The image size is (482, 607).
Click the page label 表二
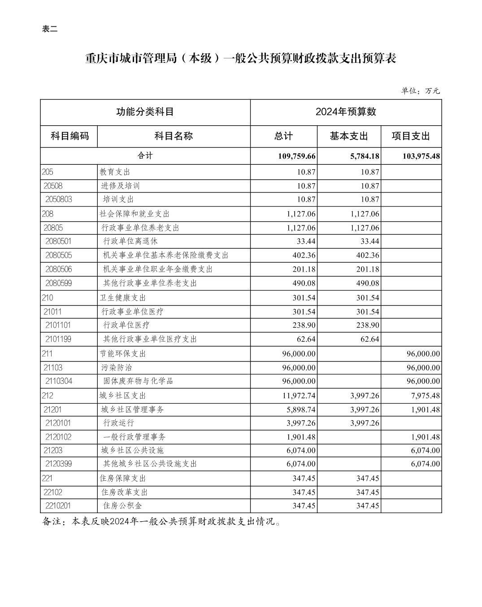coord(50,30)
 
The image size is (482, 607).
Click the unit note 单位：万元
coord(420,91)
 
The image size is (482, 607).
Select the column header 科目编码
coord(69,136)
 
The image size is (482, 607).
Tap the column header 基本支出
coord(349,136)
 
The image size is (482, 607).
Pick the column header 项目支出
coord(411,136)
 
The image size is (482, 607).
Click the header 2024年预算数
coord(346,112)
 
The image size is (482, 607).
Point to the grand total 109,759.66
coord(297,156)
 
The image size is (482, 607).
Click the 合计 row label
coord(145,156)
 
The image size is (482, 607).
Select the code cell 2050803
coord(59,199)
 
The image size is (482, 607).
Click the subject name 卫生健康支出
coord(122,298)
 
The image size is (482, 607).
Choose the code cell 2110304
coord(59,381)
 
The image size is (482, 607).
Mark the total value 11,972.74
coord(299,396)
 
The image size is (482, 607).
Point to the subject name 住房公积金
coord(122,506)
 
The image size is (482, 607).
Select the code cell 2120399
coord(59,464)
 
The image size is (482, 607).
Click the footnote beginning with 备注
coord(162,522)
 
